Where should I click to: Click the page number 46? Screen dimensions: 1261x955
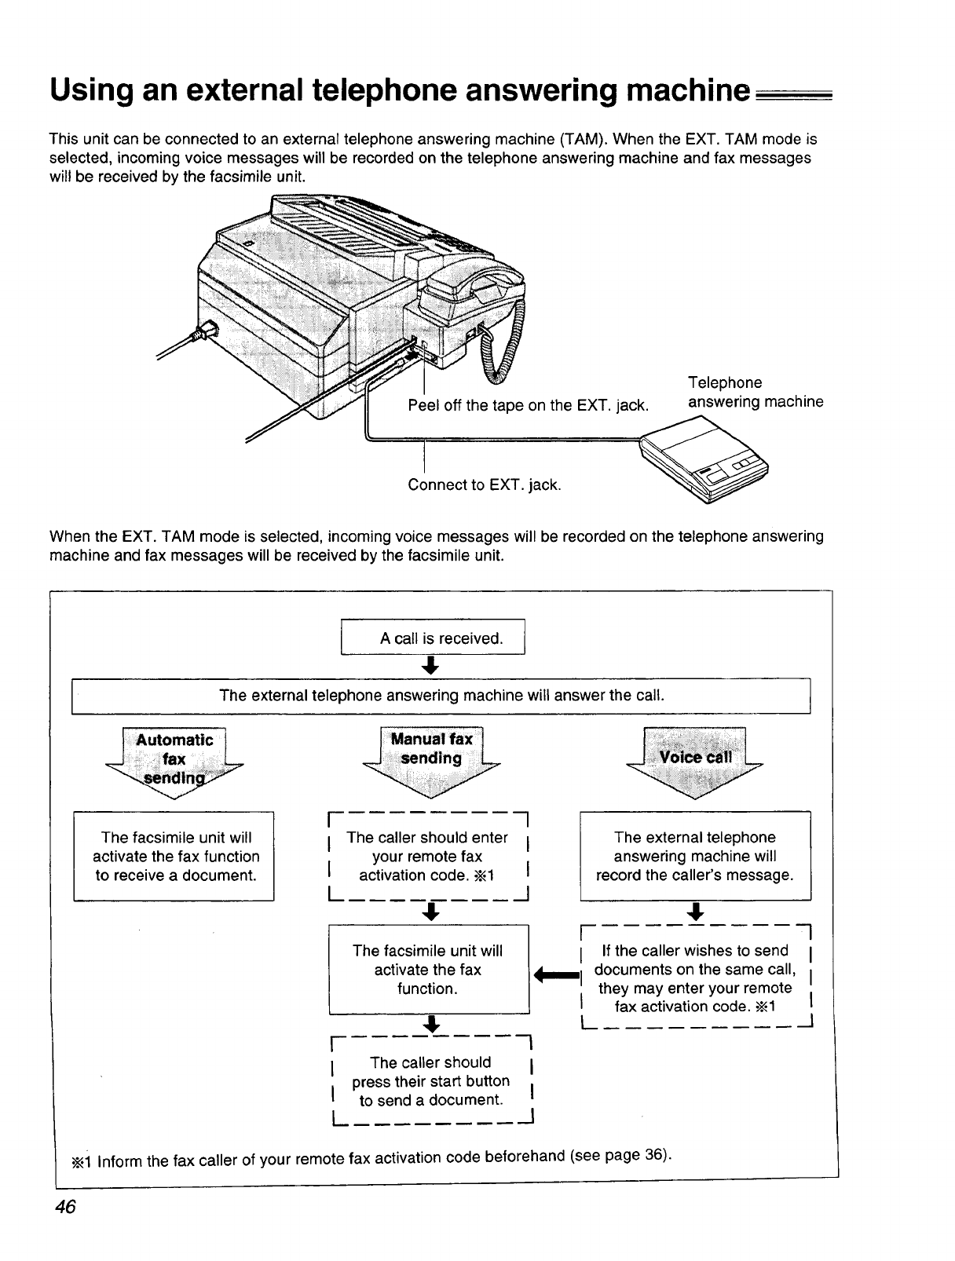pyautogui.click(x=64, y=1208)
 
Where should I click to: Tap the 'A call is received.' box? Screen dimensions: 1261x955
pyautogui.click(x=433, y=638)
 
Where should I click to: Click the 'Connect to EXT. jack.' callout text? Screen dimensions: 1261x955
pyautogui.click(x=485, y=484)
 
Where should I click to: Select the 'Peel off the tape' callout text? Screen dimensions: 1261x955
pyautogui.click(x=528, y=405)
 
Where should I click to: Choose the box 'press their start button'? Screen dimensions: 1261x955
pyautogui.click(x=431, y=1081)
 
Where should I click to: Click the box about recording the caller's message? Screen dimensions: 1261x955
pyautogui.click(x=694, y=856)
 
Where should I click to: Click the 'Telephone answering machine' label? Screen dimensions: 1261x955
pyautogui.click(x=755, y=393)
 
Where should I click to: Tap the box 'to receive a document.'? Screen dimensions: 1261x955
pyautogui.click(x=174, y=856)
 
